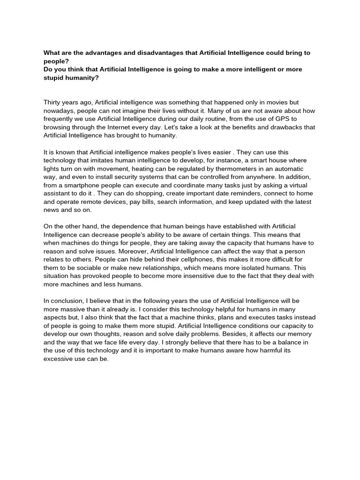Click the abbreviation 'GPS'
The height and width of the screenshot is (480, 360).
coord(293,119)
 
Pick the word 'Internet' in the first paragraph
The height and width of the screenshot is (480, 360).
coord(129,127)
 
